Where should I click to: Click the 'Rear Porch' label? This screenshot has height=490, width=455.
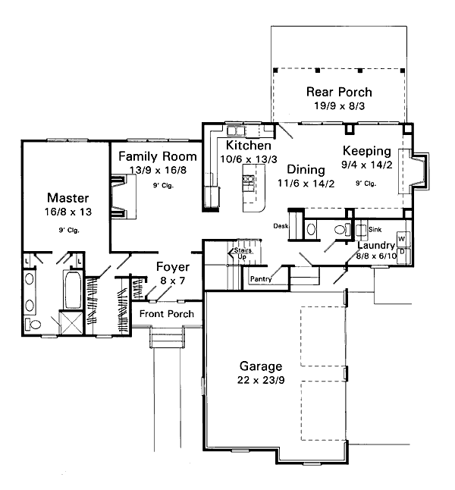[x=339, y=92]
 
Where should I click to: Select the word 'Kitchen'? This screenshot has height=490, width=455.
[x=248, y=145]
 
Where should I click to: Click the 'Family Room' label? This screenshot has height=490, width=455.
[x=158, y=156]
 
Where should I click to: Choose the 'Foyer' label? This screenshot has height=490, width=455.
[x=172, y=266]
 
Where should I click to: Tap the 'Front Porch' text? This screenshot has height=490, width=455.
[x=166, y=314]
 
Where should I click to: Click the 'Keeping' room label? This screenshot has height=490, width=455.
[x=366, y=150]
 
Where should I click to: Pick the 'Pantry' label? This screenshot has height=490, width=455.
[x=260, y=279]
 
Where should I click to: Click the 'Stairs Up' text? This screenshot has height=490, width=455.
[x=242, y=252]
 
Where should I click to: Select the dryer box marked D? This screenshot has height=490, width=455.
[x=402, y=251]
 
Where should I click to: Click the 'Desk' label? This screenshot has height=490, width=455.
[x=281, y=225]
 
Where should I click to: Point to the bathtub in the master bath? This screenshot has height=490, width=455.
[x=71, y=292]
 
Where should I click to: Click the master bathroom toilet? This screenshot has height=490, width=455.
[x=32, y=324]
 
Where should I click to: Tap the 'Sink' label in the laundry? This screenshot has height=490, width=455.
[x=375, y=227]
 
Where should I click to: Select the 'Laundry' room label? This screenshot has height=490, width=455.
[x=376, y=246]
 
